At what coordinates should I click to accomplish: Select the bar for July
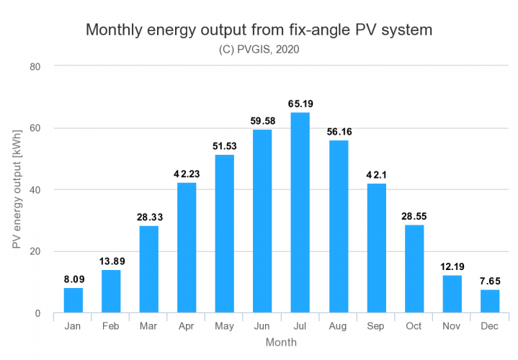click(x=300, y=212)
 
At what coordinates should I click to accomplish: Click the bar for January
click(x=73, y=300)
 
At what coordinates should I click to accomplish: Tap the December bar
click(x=489, y=301)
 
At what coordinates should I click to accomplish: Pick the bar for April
click(x=187, y=248)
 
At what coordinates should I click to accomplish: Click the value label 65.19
click(x=300, y=103)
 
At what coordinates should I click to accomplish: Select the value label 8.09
click(x=73, y=279)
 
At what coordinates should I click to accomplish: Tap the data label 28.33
click(x=148, y=216)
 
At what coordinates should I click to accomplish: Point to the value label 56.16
click(x=338, y=131)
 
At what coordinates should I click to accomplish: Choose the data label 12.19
click(x=452, y=266)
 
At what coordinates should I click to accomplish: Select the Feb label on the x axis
click(x=111, y=327)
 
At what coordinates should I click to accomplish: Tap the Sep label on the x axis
click(x=376, y=327)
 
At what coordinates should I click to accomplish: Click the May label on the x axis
click(x=224, y=327)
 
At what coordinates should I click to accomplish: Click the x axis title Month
click(x=280, y=343)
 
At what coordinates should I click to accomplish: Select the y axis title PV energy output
click(x=16, y=191)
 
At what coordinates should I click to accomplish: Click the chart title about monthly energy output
click(x=259, y=30)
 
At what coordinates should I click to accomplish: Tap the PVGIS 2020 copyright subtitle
click(x=259, y=50)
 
